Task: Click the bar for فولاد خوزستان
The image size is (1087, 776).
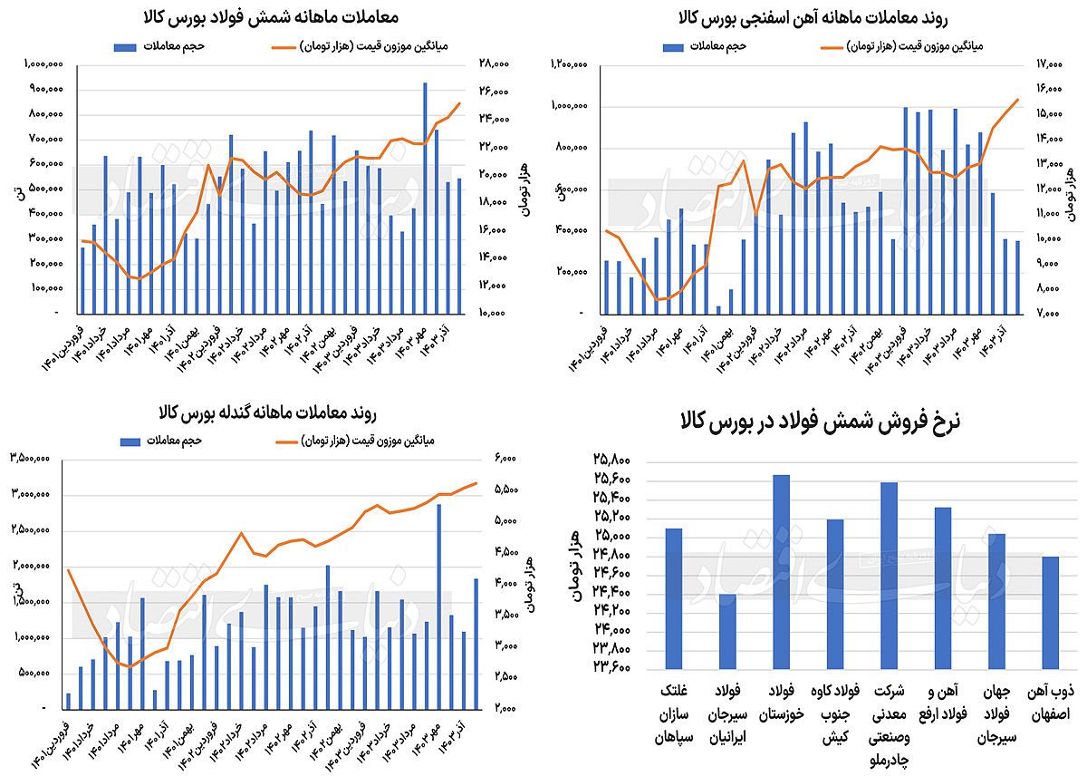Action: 781,571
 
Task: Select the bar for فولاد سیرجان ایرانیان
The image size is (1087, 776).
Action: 727,631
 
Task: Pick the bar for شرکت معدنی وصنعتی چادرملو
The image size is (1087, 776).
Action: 889,575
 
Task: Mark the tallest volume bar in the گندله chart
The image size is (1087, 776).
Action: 438,606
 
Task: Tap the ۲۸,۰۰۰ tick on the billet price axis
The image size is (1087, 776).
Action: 495,64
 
